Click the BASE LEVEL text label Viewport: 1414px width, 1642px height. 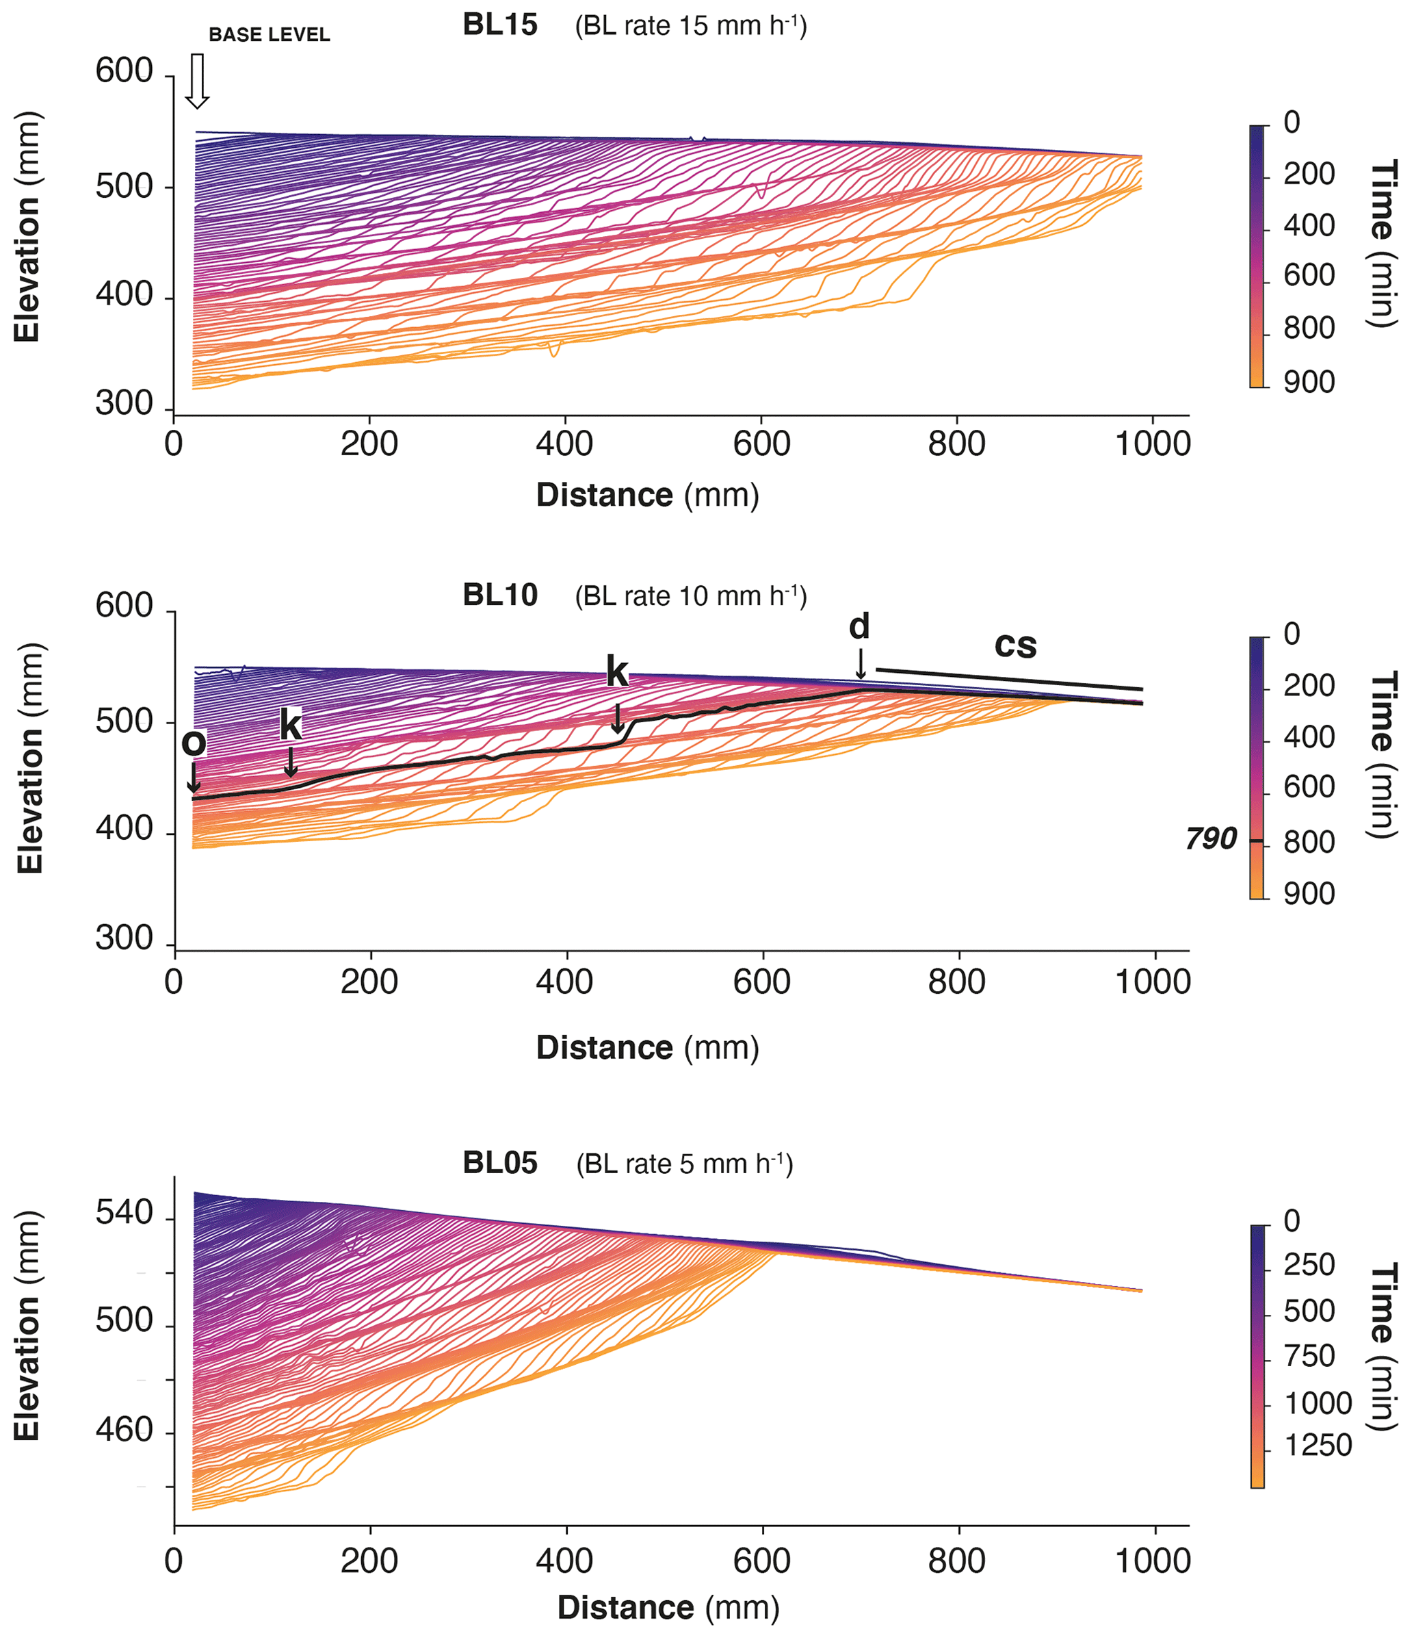tap(270, 35)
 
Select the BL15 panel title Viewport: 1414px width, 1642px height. tap(500, 25)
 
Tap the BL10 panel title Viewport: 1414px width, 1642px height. tap(500, 595)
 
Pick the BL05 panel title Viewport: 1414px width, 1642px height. tap(500, 1164)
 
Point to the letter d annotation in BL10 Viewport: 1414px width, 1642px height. tap(859, 627)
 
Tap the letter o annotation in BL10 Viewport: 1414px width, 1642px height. tap(194, 743)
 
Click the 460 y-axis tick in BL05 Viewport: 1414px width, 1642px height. tap(124, 1430)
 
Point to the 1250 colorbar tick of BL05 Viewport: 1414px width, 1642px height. tap(1318, 1446)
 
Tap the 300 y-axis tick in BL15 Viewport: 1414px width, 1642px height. tap(124, 404)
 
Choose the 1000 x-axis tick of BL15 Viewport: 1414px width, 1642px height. tap(1153, 444)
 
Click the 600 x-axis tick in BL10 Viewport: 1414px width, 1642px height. tap(761, 982)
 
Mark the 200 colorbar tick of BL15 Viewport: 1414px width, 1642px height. tap(1309, 174)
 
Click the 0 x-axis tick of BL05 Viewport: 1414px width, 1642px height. tap(174, 1561)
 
